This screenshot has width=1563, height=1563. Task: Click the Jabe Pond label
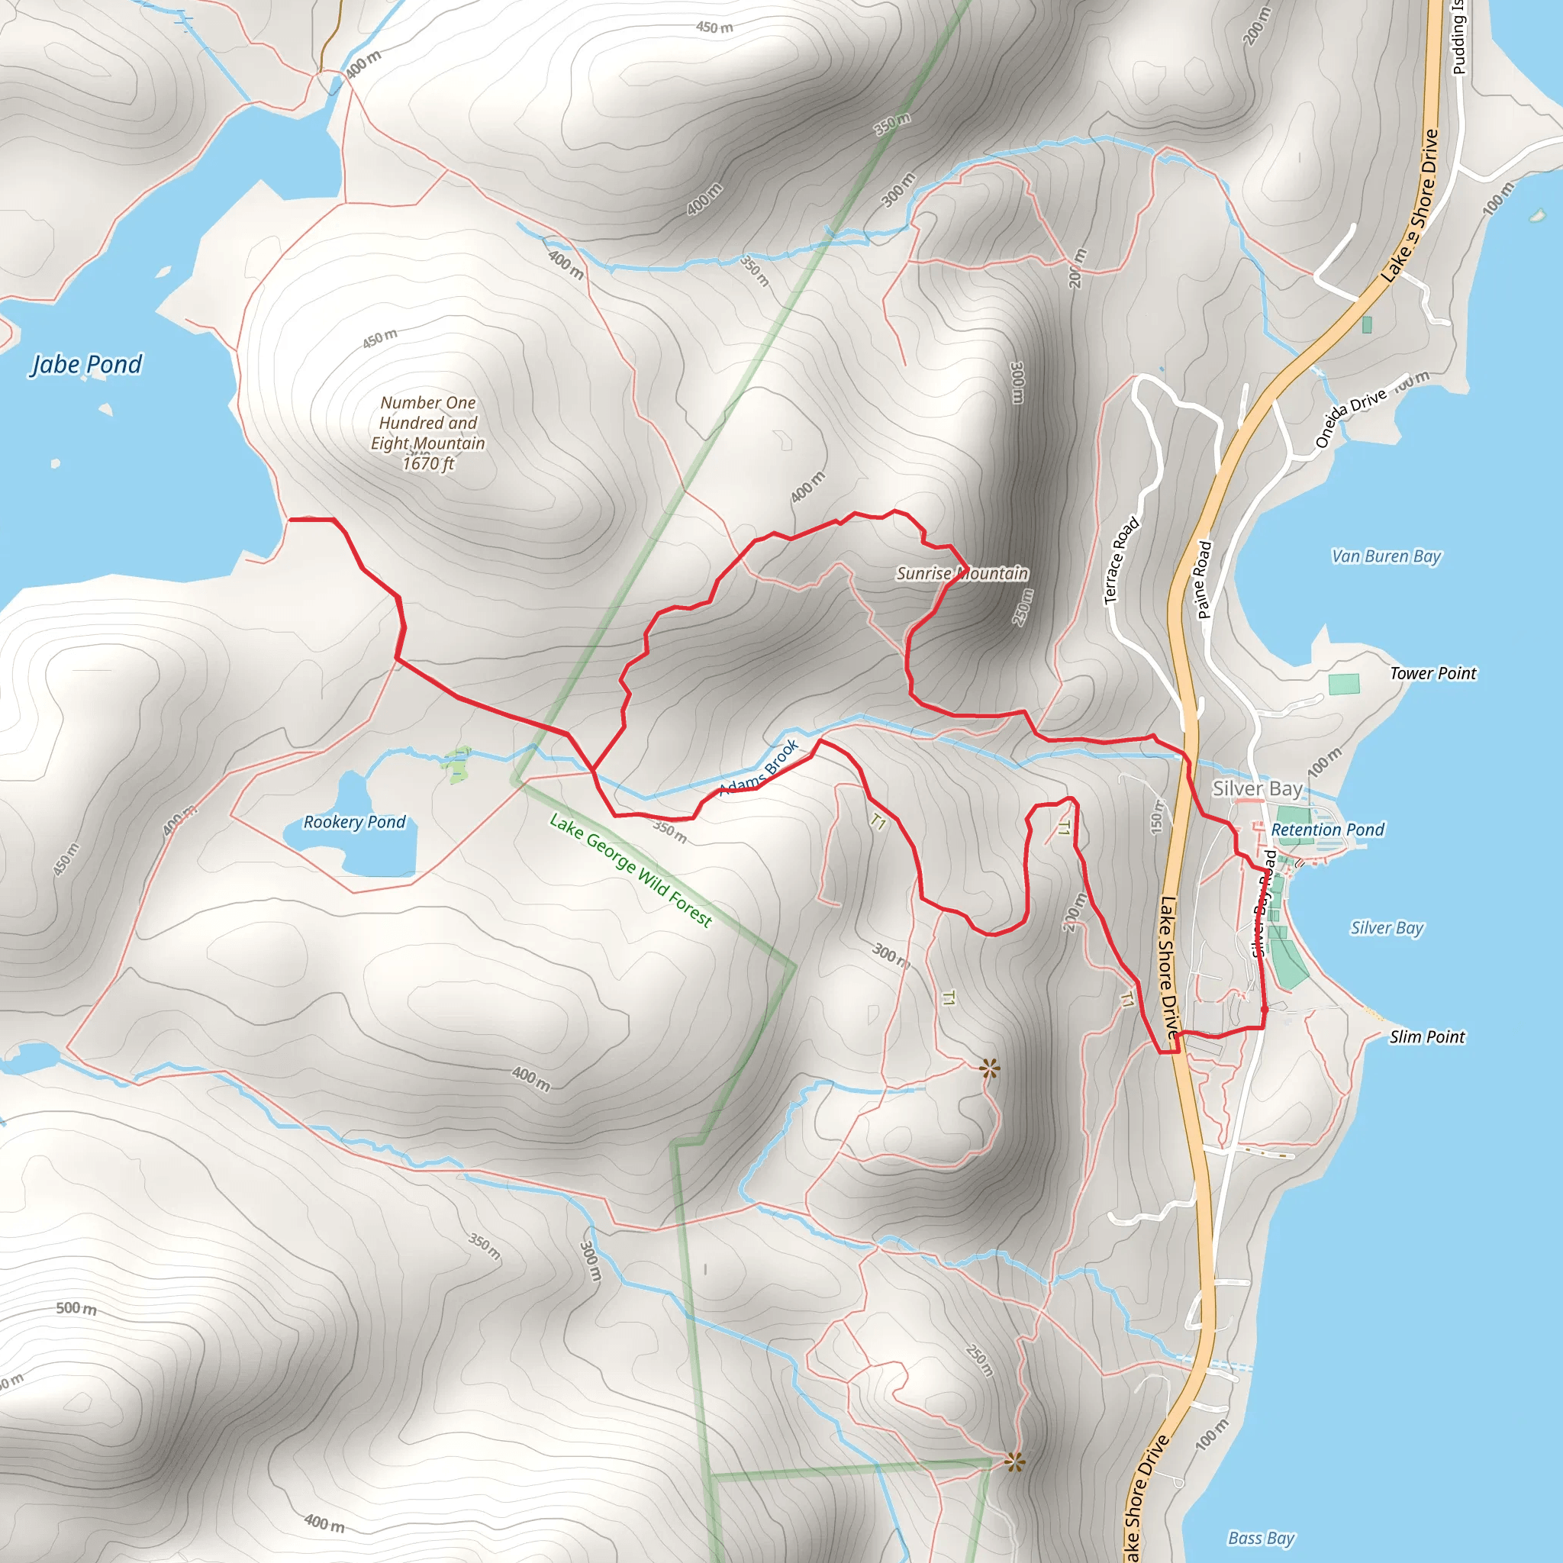[86, 365]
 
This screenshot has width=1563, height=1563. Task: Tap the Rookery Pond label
[354, 822]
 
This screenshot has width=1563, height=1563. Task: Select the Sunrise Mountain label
[962, 573]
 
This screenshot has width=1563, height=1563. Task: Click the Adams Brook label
[759, 766]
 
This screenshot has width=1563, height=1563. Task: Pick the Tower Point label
[1432, 673]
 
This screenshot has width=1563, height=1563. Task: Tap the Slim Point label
[1427, 1036]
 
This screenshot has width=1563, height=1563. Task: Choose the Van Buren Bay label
[1387, 556]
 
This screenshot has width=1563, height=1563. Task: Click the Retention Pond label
[1328, 830]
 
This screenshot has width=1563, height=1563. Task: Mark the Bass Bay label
[1262, 1538]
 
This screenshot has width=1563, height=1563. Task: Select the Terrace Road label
[1121, 560]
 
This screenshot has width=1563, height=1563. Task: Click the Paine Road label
[1204, 579]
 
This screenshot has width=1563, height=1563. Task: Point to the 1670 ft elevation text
[428, 463]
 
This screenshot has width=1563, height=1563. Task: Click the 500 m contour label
[76, 1308]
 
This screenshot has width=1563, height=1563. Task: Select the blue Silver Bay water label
[1387, 928]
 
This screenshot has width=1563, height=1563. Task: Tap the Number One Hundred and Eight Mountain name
[428, 422]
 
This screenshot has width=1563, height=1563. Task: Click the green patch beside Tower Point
[1343, 685]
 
